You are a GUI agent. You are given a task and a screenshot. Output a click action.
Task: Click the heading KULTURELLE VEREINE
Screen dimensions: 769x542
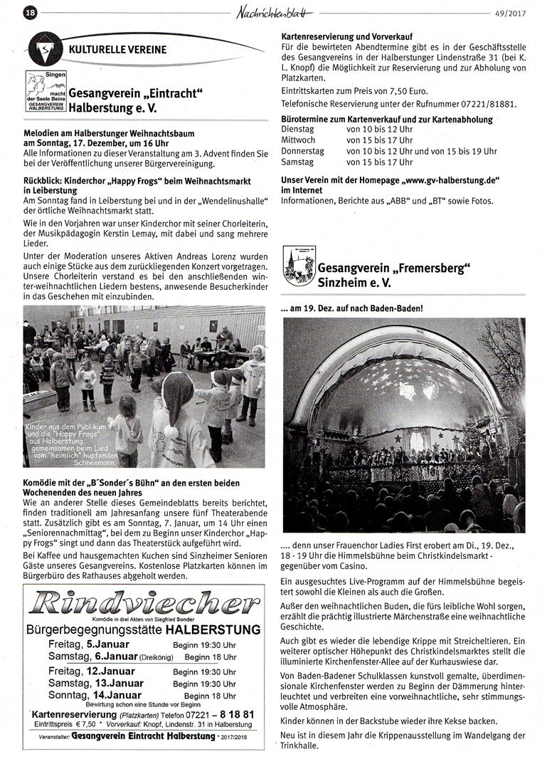pyautogui.click(x=118, y=50)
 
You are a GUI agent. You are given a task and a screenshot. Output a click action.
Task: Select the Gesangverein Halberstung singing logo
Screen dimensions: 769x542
pyautogui.click(x=46, y=90)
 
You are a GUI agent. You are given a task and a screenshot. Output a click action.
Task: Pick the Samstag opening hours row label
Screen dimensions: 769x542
pyautogui.click(x=298, y=162)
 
